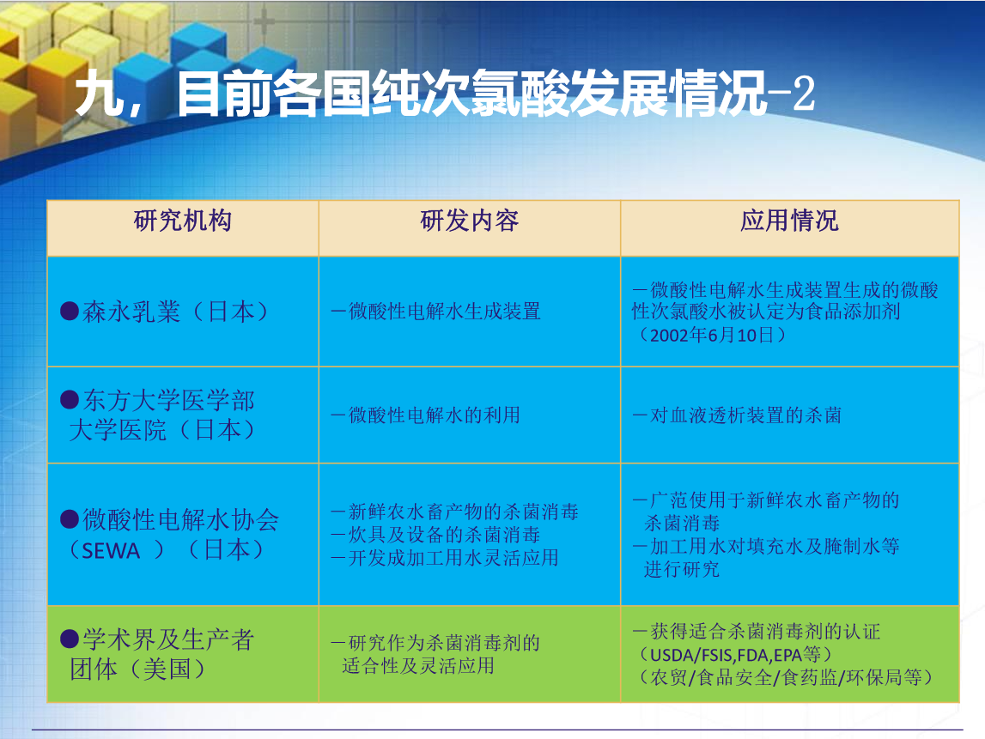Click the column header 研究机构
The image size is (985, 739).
point(183,221)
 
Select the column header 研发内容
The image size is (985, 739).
point(469,221)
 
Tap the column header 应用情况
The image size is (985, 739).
point(789,221)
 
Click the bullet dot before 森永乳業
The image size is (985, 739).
point(69,311)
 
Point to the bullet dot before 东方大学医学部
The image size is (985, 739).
point(69,399)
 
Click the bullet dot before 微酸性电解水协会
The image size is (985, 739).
point(69,519)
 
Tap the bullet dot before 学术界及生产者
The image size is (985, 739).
point(69,639)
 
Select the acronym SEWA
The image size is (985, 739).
point(111,551)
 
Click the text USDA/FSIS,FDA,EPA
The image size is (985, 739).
point(726,656)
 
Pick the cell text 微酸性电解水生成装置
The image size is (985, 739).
point(444,312)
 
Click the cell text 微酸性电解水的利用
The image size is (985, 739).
point(434,415)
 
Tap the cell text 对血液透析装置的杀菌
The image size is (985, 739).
point(745,415)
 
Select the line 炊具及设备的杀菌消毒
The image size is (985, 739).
point(444,535)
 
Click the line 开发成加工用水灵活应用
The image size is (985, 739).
point(453,558)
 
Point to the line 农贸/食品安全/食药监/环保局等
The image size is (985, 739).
point(786,677)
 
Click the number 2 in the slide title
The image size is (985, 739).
point(804,94)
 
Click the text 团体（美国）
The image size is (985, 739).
point(137,669)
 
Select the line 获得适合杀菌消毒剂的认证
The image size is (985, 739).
point(765,632)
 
